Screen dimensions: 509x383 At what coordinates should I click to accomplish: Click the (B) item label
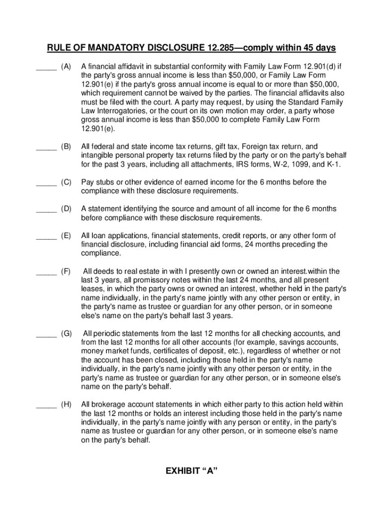[66, 147]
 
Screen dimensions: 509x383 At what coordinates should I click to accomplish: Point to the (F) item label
[66, 271]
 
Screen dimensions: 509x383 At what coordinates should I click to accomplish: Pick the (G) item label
[66, 333]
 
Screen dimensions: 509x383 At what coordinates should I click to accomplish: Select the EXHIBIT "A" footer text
[191, 472]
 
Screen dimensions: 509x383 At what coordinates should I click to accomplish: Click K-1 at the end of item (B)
[333, 165]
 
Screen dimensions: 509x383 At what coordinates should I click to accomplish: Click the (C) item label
[66, 182]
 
